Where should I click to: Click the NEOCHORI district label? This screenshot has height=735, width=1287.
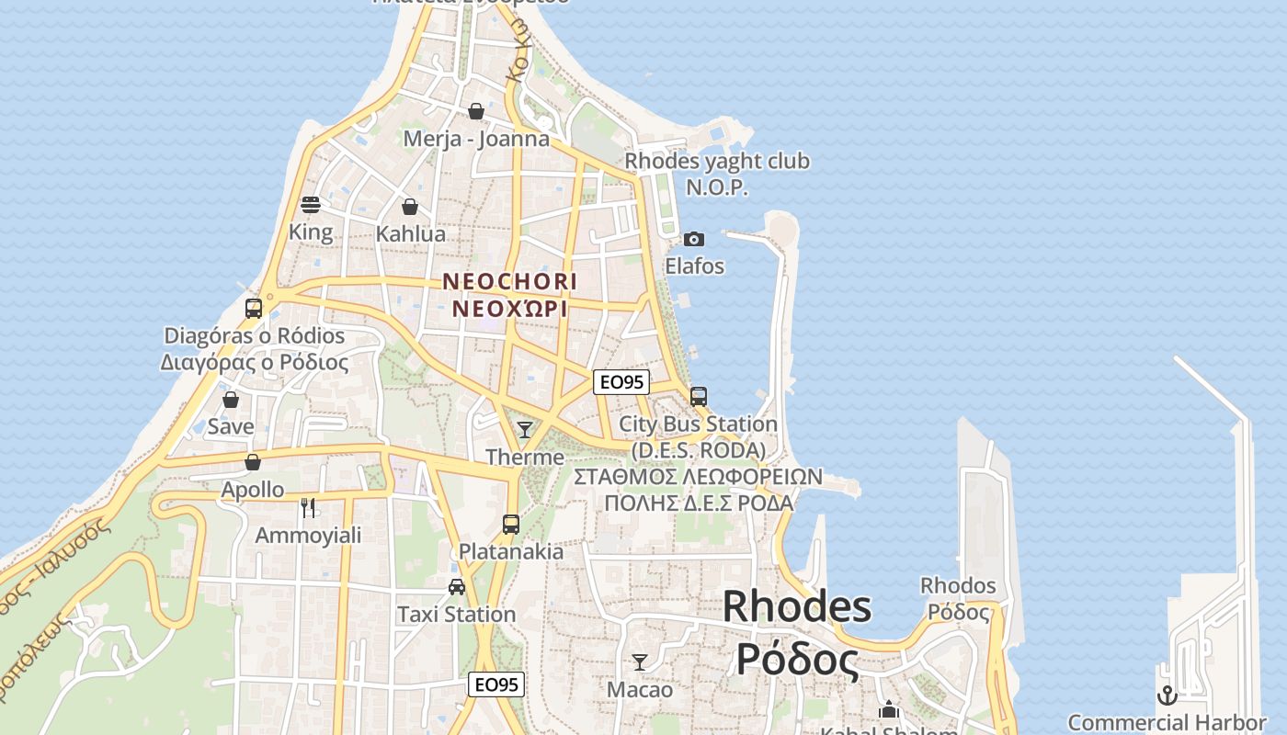[509, 281]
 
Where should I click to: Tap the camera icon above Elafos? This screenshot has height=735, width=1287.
[694, 239]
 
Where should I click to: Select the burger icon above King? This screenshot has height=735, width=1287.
[311, 204]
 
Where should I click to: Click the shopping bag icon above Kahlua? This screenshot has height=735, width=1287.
[410, 207]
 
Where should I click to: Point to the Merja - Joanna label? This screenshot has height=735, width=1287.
[476, 139]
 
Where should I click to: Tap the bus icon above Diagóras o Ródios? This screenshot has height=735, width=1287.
[254, 308]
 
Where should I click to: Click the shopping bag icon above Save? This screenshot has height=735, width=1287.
[231, 400]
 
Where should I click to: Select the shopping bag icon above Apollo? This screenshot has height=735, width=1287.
[253, 461]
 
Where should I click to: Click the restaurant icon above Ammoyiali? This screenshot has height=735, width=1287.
[308, 507]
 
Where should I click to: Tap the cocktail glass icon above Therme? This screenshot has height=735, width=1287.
[524, 429]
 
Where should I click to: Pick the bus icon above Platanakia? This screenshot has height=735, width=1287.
[511, 524]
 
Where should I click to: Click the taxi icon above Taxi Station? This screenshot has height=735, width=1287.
[456, 586]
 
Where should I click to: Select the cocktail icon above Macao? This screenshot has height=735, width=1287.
[640, 661]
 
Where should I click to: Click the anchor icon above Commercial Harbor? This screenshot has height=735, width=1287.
[1167, 695]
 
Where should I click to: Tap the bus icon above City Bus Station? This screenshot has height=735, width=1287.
[699, 396]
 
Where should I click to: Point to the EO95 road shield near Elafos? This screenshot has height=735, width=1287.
[621, 382]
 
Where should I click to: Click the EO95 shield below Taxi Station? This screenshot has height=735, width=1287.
[496, 684]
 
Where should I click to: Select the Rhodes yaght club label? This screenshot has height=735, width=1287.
[717, 162]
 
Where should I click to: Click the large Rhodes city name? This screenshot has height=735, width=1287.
[796, 606]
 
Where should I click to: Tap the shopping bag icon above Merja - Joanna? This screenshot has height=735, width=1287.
[476, 111]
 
